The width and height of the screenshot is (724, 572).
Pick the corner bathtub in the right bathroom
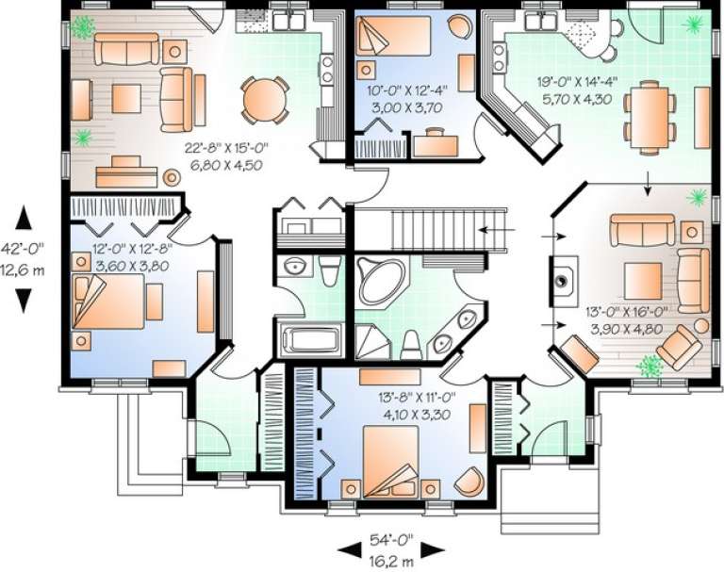(x=381, y=280)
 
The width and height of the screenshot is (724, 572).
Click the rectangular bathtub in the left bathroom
(x=309, y=338)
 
